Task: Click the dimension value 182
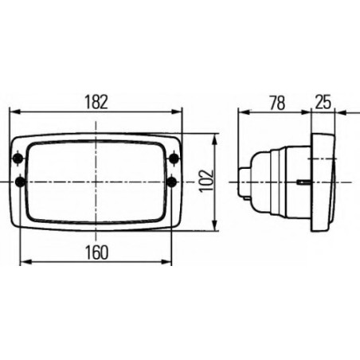(96, 102)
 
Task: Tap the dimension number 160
(96, 252)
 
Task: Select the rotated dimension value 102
(206, 181)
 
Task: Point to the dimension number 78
(277, 103)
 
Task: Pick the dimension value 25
(323, 102)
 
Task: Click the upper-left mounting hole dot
(18, 158)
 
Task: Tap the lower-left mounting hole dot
(21, 182)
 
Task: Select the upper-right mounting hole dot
(174, 158)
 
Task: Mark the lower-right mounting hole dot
(172, 182)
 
